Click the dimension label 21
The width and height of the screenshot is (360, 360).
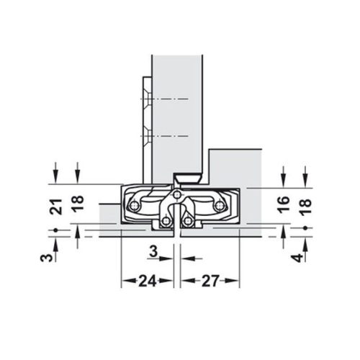point(56,207)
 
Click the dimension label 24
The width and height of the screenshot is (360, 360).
point(148,281)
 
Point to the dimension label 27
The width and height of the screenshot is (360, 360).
point(210,281)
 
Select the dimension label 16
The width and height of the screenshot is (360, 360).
point(284,204)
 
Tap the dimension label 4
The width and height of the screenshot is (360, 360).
point(298,258)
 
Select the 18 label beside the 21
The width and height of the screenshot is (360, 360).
point(78,203)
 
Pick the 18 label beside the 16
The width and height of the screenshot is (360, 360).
point(305,207)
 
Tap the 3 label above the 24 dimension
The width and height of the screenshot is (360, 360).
point(153,251)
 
